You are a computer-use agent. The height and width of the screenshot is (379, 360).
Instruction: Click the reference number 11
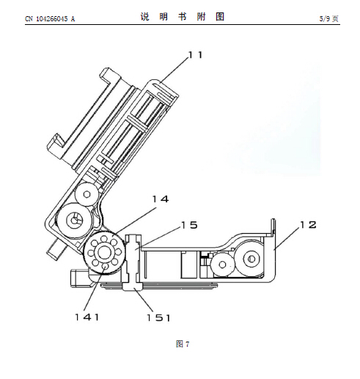(x=196, y=55)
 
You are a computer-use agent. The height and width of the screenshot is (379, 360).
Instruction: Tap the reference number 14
(x=161, y=199)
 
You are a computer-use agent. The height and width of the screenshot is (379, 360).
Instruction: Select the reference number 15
(x=189, y=225)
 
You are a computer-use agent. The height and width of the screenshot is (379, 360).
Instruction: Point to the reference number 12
(x=308, y=224)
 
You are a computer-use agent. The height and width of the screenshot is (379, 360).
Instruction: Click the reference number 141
(x=87, y=317)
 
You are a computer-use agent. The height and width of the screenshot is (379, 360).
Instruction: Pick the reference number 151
(x=158, y=317)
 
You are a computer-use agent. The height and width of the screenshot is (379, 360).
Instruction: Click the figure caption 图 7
(x=183, y=344)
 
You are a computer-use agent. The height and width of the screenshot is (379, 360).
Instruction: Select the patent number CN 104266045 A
(x=50, y=19)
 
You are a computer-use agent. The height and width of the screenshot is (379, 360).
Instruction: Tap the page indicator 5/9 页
(x=329, y=18)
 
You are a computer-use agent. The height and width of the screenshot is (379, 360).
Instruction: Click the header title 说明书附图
(x=183, y=17)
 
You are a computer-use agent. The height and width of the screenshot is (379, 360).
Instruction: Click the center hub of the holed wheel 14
(x=104, y=252)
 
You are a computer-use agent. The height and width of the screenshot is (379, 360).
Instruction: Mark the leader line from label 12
(x=287, y=238)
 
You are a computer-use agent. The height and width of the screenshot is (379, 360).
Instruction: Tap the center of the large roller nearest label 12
(x=251, y=258)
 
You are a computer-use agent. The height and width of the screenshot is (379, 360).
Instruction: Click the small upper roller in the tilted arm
(x=87, y=194)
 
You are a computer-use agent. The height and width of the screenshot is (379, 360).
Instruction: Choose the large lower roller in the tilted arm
(x=73, y=221)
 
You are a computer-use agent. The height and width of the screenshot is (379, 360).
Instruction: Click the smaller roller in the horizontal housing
(x=222, y=265)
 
